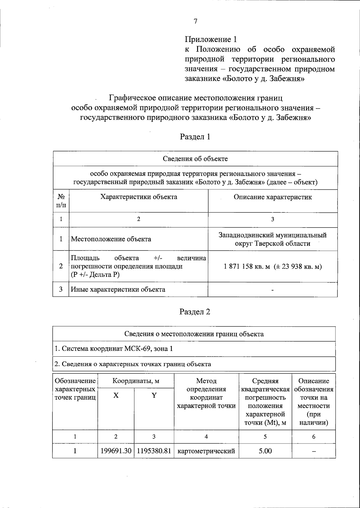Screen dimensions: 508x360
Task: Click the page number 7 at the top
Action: [195, 21]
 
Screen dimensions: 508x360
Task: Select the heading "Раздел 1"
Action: [195, 137]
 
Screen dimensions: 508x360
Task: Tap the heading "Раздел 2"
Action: [195, 312]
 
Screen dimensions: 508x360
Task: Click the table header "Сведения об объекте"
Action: [195, 159]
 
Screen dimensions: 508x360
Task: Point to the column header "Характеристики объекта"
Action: [139, 197]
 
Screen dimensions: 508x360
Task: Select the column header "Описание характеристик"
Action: [272, 197]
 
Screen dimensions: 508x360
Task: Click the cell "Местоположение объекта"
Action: [111, 239]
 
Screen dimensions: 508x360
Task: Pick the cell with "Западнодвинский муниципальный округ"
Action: [272, 239]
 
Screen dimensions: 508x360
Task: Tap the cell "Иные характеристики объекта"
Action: [118, 290]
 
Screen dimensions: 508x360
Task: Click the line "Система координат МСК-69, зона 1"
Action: [114, 349]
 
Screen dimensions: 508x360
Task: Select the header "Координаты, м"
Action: [136, 381]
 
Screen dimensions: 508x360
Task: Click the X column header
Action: [116, 396]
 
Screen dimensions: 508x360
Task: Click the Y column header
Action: [154, 396]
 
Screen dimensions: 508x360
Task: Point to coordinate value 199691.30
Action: [115, 451]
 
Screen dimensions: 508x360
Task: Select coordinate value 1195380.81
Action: [154, 451]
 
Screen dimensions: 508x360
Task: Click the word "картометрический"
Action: [206, 451]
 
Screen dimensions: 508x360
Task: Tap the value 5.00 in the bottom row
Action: [265, 451]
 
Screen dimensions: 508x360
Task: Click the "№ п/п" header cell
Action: [61, 201]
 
